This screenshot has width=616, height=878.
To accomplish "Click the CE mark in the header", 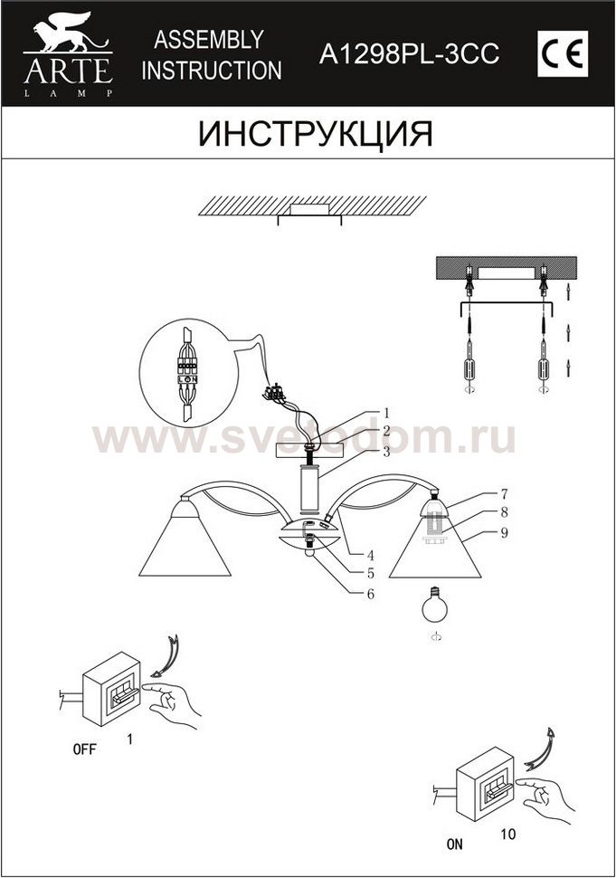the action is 563,55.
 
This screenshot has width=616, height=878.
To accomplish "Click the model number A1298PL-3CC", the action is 409,54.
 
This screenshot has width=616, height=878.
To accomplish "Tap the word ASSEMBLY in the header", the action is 209,40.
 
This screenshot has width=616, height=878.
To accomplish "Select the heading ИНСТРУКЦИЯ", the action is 316,133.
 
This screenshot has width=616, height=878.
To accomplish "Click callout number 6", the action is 370,594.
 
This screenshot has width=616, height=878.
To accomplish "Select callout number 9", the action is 504,532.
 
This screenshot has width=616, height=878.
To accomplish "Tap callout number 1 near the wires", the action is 386,414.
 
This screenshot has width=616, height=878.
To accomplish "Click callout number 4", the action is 370,556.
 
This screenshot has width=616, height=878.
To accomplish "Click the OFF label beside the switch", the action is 84,749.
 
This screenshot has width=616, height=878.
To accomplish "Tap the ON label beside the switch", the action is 455,844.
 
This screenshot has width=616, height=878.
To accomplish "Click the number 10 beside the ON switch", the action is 508,834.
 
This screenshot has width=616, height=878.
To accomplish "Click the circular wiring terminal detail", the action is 188,370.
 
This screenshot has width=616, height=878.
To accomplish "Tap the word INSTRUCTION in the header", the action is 212,71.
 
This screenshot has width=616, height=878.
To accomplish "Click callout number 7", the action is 504,494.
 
